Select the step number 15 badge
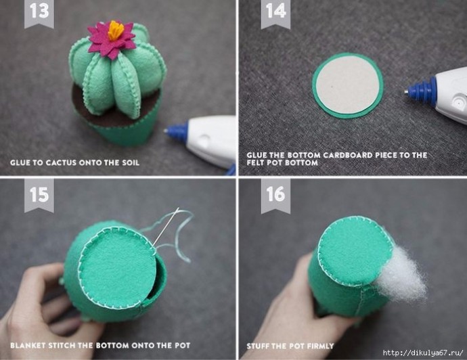[x=39, y=195]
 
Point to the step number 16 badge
[x=275, y=196]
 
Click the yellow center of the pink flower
[x=116, y=30]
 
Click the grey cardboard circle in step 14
[x=347, y=85]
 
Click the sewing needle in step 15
[x=166, y=227]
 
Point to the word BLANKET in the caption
[x=28, y=345]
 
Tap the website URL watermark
[x=423, y=353]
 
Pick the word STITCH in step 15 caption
[x=62, y=345]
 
